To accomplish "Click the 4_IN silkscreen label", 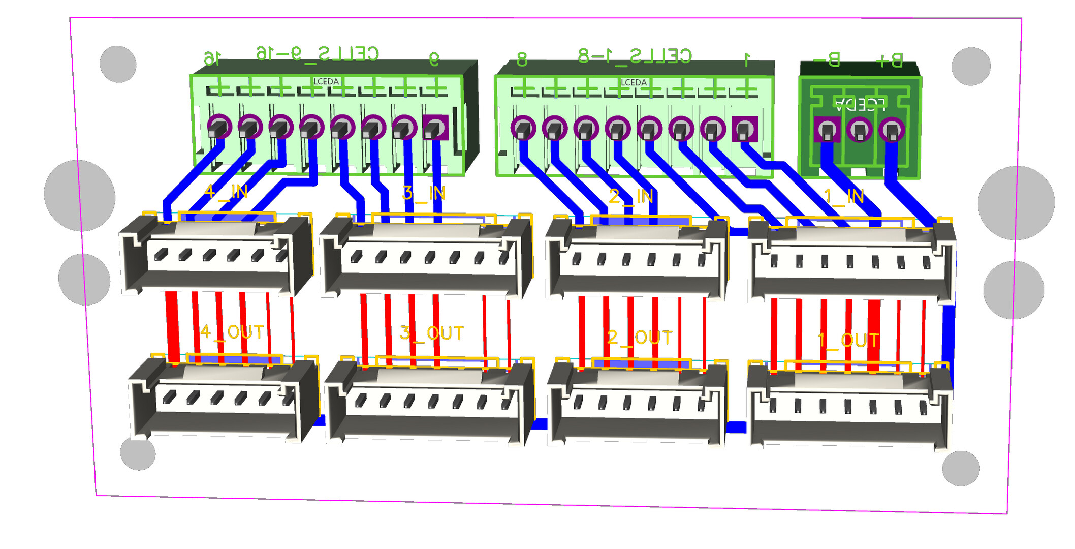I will (x=226, y=192).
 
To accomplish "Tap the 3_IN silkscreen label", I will (x=423, y=193).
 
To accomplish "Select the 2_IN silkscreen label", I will (x=630, y=196).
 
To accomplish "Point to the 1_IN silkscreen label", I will (x=844, y=196).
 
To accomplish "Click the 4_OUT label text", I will (x=232, y=332).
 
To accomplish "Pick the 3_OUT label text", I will (x=431, y=333).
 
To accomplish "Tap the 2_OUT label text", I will (x=640, y=338).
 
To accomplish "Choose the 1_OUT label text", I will (x=849, y=340).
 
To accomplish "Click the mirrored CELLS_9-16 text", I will (x=318, y=53).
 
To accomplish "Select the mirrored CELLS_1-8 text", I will (x=635, y=55).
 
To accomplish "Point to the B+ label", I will (x=889, y=60).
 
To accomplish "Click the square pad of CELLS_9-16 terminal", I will (x=435, y=128).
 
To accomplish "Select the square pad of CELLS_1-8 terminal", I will (x=745, y=129).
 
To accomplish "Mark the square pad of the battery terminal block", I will (x=827, y=130).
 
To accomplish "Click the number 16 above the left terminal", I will (x=212, y=58).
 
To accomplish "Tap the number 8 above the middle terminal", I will (x=522, y=59).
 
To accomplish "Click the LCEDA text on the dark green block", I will (x=860, y=104).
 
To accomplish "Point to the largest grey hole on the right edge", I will (x=1016, y=203).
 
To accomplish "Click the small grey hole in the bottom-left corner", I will (x=138, y=453).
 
